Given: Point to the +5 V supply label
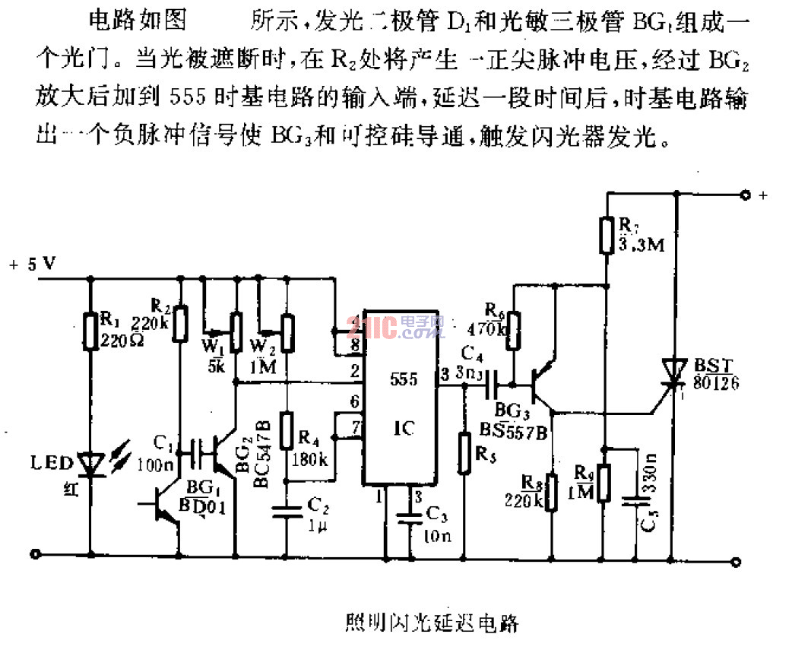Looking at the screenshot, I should (32, 265).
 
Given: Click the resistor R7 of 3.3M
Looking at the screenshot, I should (606, 234).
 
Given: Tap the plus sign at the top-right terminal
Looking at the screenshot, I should (762, 195).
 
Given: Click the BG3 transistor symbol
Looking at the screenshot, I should (541, 384).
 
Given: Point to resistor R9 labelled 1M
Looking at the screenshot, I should (604, 483).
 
